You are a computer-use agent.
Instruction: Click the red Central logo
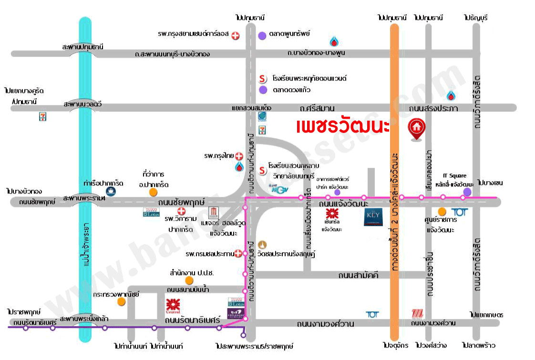(x=173, y=305)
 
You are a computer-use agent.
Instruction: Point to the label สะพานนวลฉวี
(x=85, y=103)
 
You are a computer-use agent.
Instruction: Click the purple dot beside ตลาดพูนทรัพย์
(x=262, y=35)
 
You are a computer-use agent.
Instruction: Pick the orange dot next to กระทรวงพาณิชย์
(x=122, y=301)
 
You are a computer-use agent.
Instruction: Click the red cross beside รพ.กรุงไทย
(x=239, y=156)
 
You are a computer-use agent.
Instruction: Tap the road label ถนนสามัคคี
(x=358, y=275)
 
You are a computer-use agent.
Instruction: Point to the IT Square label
(x=454, y=176)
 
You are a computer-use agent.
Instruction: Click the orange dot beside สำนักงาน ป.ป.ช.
(x=189, y=280)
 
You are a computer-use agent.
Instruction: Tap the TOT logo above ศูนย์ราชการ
(x=459, y=212)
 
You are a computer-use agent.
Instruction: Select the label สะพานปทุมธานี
(x=82, y=47)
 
